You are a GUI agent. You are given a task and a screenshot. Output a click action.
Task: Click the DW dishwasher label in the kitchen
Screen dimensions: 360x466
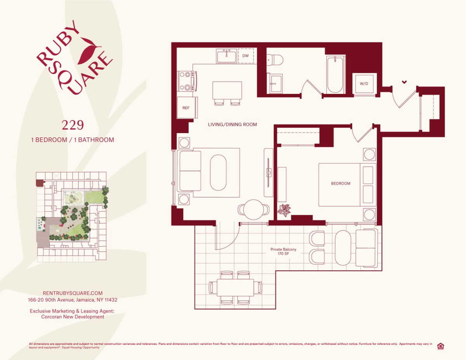(245, 56)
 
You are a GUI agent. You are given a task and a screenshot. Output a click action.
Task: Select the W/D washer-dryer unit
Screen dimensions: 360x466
(364, 83)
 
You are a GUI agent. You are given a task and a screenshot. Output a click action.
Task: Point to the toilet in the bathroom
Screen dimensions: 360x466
(276, 60)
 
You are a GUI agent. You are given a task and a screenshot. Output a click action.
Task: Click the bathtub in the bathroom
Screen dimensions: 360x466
(335, 75)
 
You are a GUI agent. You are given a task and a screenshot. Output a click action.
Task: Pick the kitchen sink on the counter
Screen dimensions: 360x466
(226, 56)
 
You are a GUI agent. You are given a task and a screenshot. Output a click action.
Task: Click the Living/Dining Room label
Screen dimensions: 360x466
(232, 124)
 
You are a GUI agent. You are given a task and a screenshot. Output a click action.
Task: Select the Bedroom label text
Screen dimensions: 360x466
(340, 183)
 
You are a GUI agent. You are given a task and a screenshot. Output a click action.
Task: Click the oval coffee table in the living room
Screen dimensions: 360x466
(218, 173)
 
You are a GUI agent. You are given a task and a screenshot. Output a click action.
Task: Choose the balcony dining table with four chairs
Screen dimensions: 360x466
(235, 288)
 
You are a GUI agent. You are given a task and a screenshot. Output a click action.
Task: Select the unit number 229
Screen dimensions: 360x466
(73, 125)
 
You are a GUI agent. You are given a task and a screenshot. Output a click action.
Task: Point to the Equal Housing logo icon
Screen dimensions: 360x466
(440, 346)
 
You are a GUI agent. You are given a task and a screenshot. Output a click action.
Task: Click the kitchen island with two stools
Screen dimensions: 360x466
(227, 91)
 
